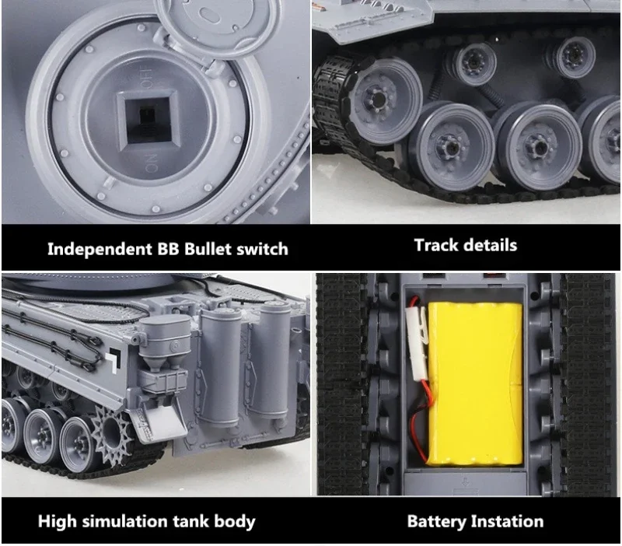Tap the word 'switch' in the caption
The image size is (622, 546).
tap(260, 249)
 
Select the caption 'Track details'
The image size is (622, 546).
tap(465, 245)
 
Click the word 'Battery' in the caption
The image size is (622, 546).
tap(439, 521)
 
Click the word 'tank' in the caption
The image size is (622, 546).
tap(190, 521)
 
